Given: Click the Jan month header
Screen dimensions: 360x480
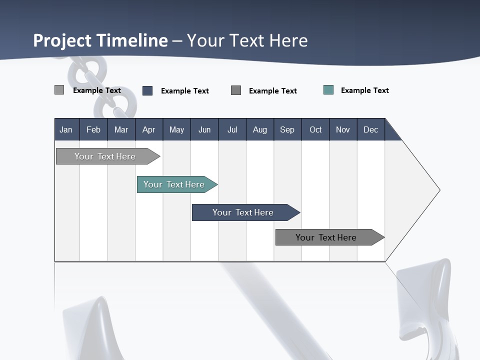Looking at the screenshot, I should tap(66, 129).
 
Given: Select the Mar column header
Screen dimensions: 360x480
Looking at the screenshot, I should tap(121, 129).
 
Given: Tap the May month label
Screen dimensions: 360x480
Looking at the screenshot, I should tap(176, 129).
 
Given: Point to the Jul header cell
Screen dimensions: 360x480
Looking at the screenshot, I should tap(232, 129).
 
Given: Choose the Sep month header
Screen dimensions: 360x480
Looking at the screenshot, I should tap(287, 129).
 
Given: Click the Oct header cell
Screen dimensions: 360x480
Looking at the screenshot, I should tap(315, 129).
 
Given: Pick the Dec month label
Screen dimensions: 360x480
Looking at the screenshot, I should tap(370, 129).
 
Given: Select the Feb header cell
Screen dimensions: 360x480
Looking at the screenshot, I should tap(93, 129).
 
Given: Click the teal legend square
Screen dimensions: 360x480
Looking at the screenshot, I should tap(328, 90).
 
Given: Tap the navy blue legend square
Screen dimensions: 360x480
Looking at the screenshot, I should tap(147, 90).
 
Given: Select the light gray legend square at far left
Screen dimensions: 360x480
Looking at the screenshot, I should tap(59, 90).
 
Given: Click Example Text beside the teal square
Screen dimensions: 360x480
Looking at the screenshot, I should tap(364, 90).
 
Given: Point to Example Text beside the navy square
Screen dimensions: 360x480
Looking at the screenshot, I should tap(184, 91).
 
